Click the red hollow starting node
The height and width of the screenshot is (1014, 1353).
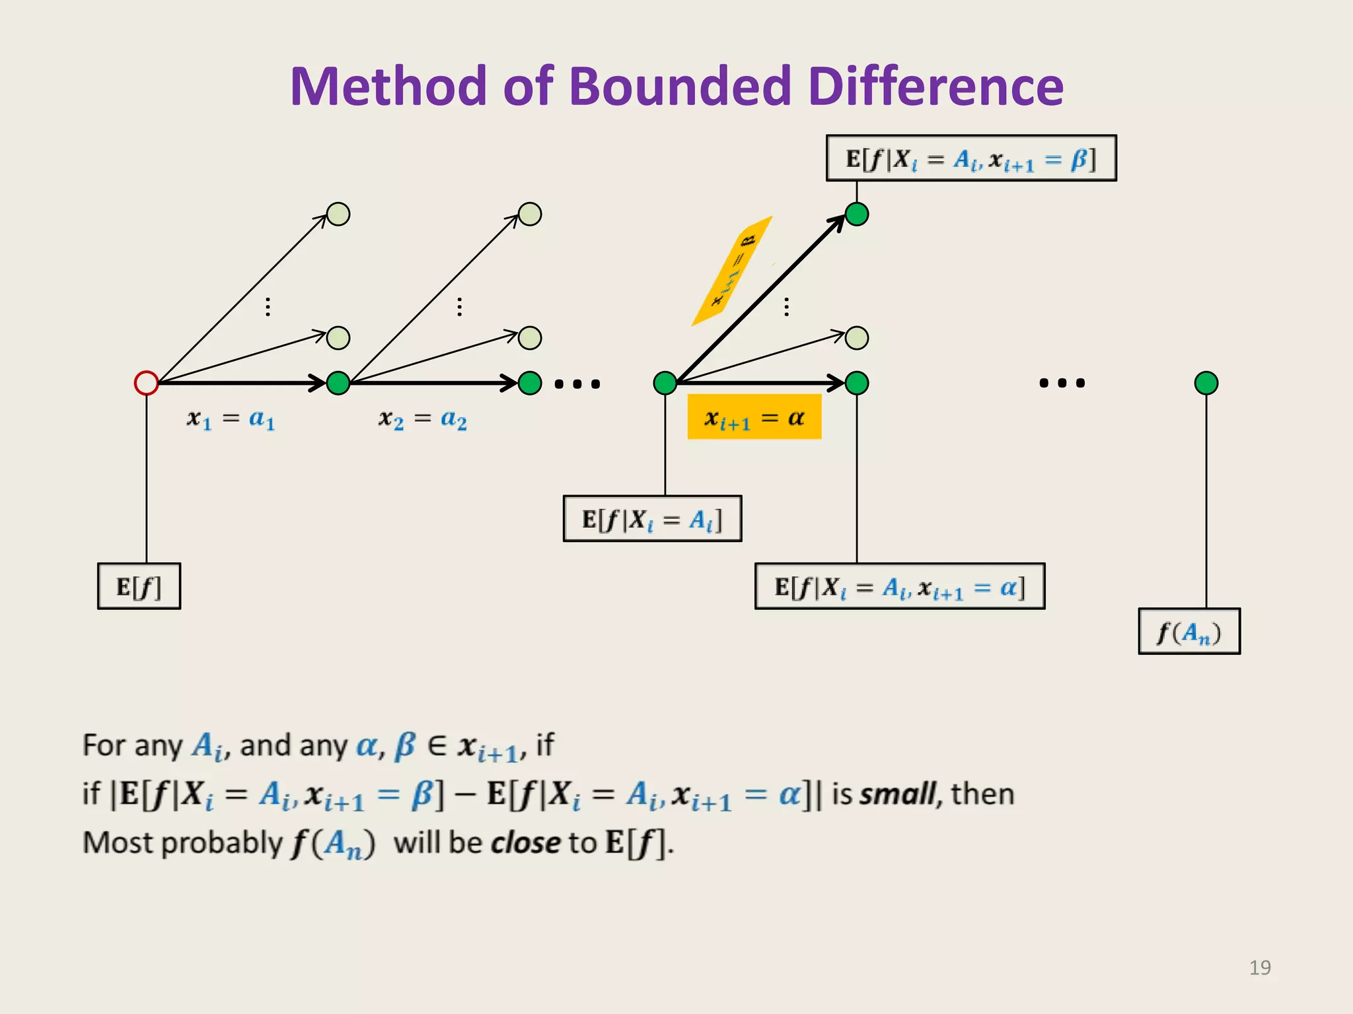pyautogui.click(x=146, y=383)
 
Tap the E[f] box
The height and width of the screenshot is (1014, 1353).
pyautogui.click(x=139, y=586)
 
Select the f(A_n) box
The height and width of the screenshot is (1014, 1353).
pyautogui.click(x=1189, y=632)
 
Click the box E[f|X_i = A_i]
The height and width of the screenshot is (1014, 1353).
pyautogui.click(x=652, y=519)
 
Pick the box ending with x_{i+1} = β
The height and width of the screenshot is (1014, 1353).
pyautogui.click(x=971, y=158)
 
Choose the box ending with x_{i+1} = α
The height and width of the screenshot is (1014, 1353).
pyautogui.click(x=900, y=586)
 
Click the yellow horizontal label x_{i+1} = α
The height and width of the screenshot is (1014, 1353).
pyautogui.click(x=754, y=417)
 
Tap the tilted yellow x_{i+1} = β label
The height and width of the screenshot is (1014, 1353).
pyautogui.click(x=733, y=271)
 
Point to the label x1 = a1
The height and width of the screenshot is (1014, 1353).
pyautogui.click(x=231, y=419)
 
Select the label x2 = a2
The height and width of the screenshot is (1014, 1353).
pyautogui.click(x=423, y=419)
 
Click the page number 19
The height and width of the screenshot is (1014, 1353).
pyautogui.click(x=1260, y=968)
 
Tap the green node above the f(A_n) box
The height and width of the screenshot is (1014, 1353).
pyautogui.click(x=1206, y=383)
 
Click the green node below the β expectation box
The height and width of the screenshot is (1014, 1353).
pyautogui.click(x=857, y=215)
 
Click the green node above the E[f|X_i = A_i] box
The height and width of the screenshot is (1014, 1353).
pyautogui.click(x=665, y=383)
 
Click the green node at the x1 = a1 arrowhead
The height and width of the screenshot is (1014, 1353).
pyautogui.click(x=338, y=383)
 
